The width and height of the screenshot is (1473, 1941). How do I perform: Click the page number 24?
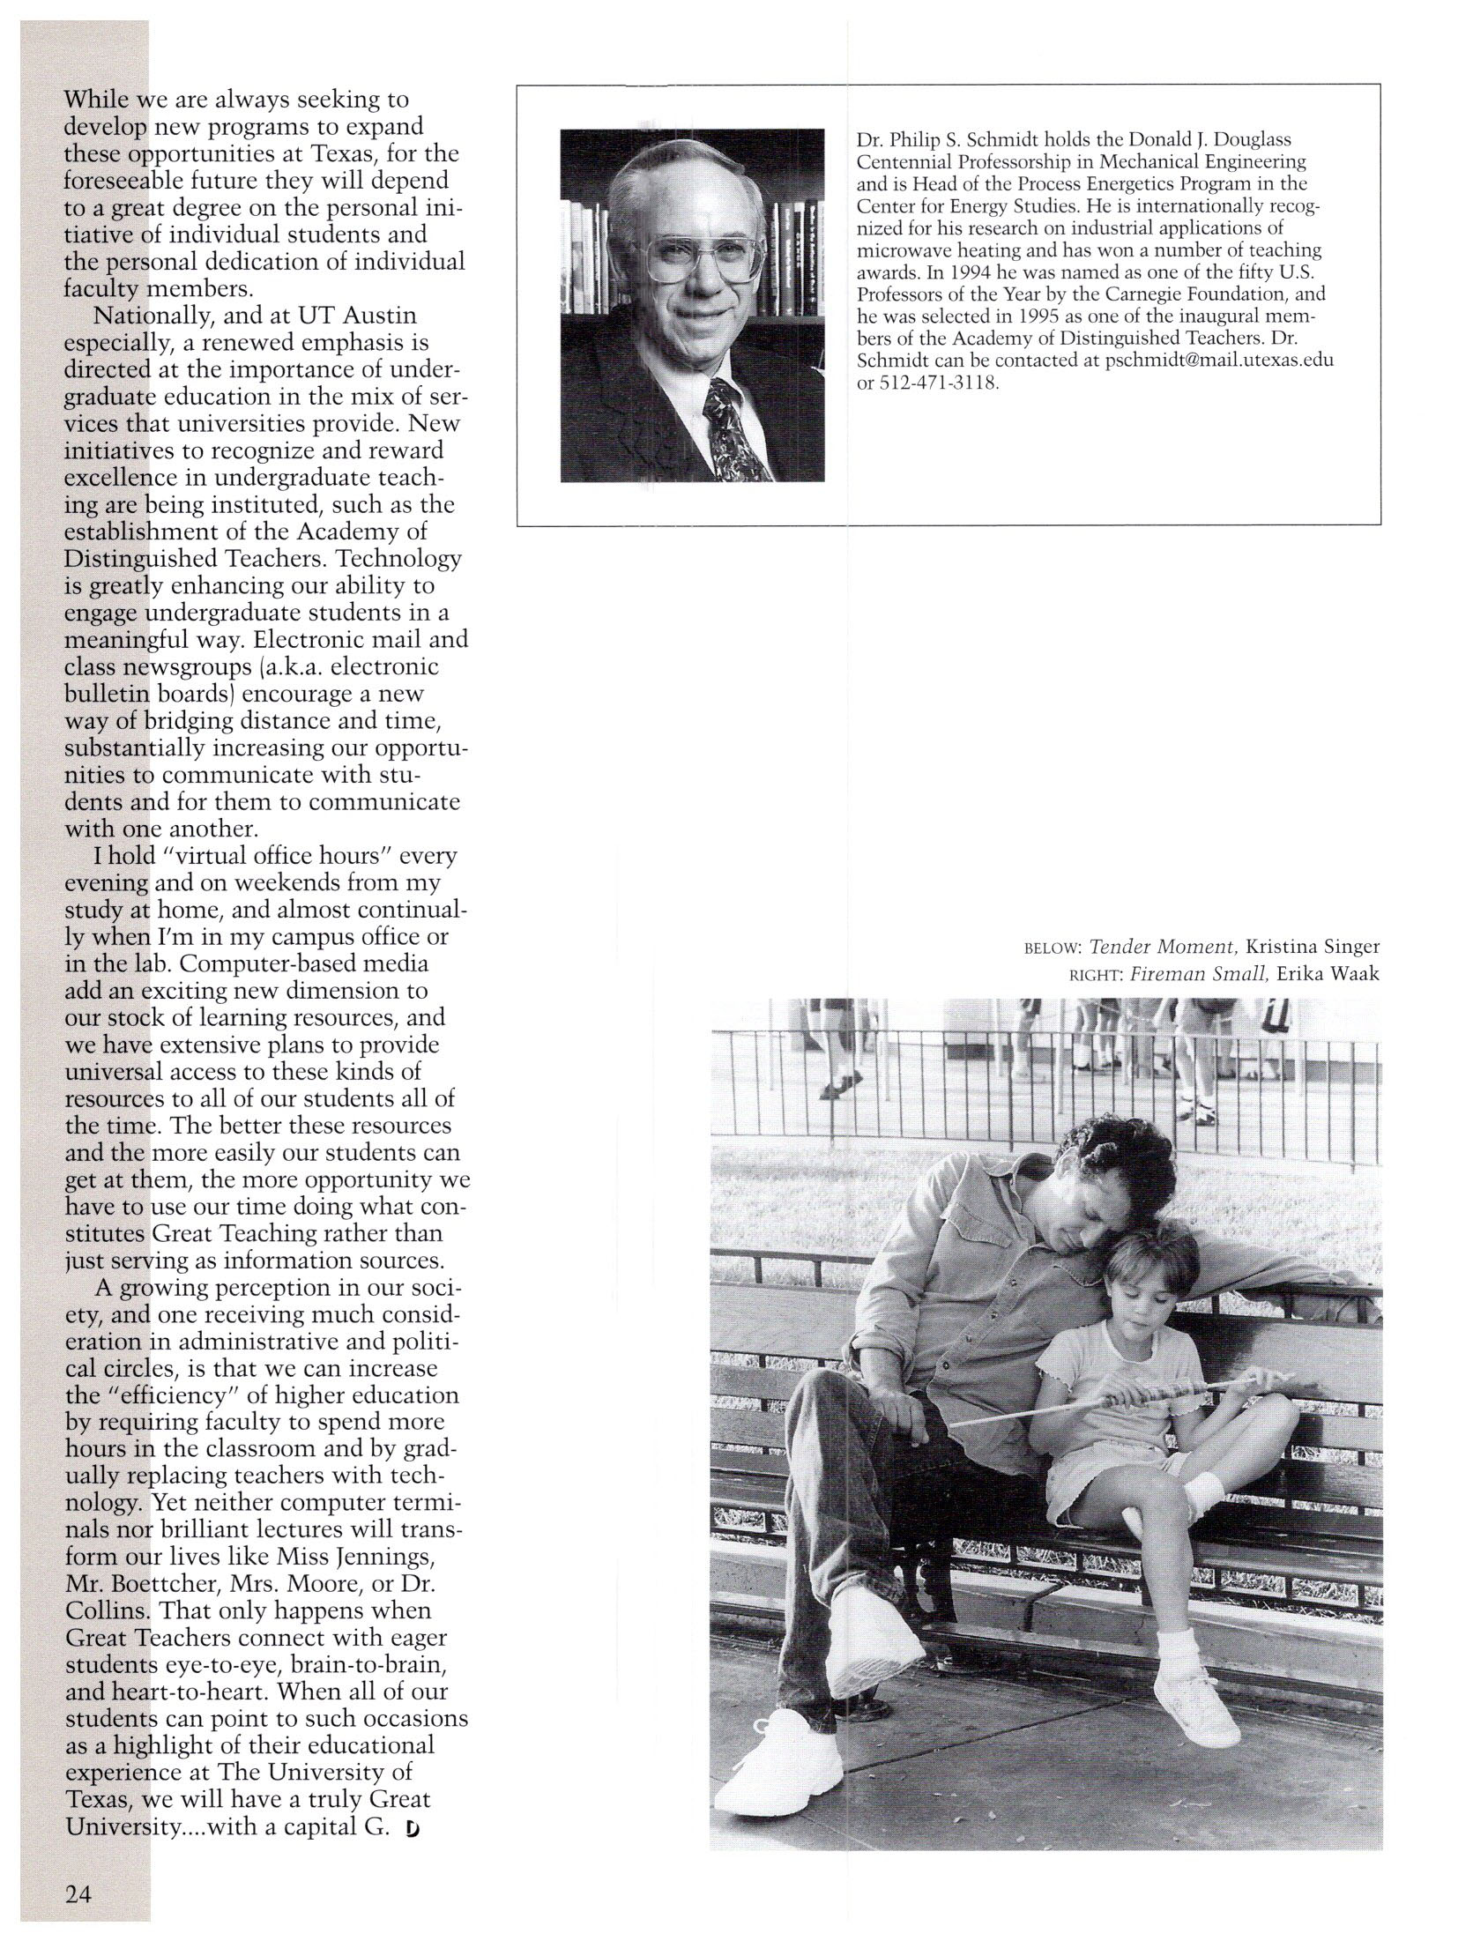[79, 1890]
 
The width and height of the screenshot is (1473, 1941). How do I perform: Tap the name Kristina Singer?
[1312, 948]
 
